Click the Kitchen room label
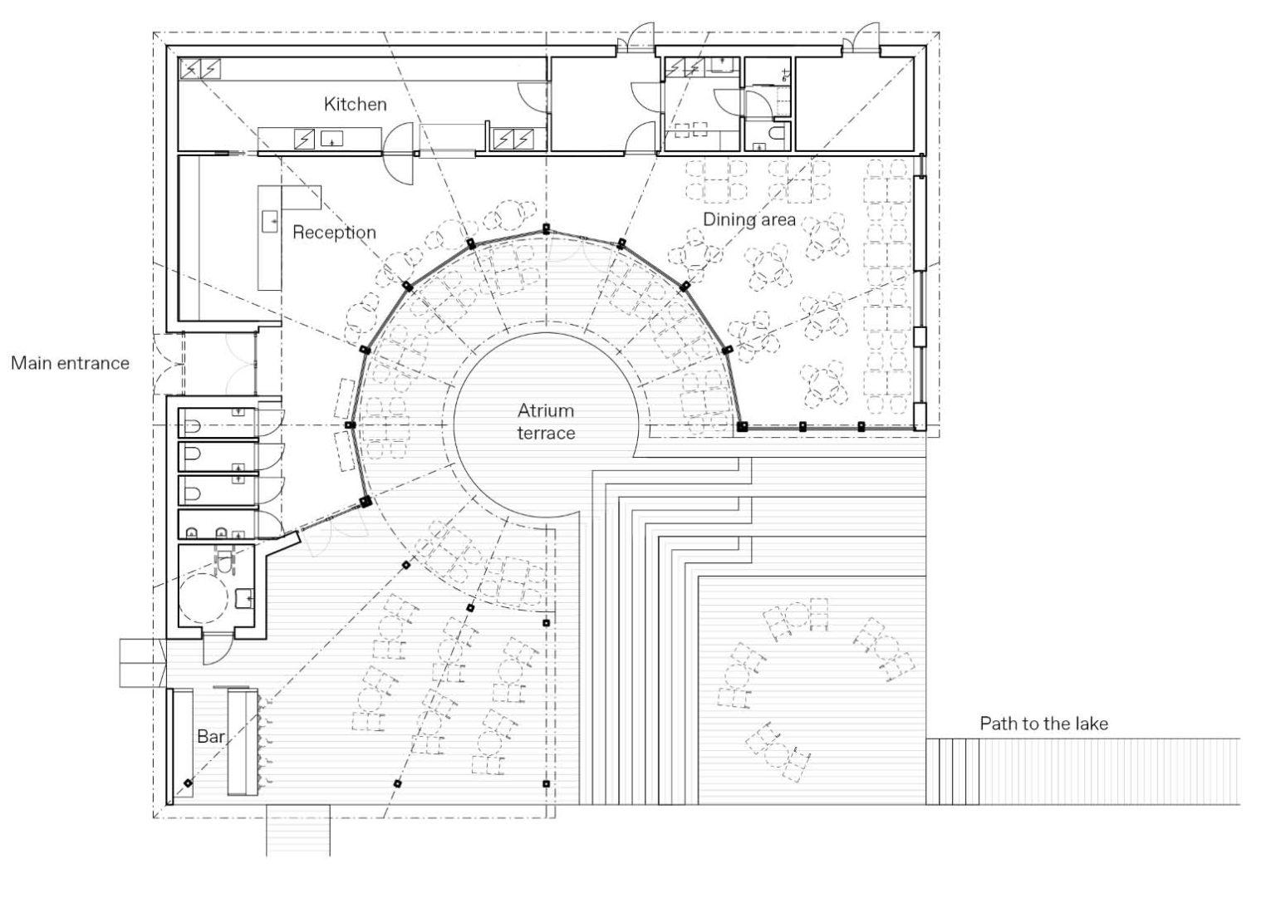(355, 105)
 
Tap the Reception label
(334, 233)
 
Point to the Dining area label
(749, 219)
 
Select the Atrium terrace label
(546, 422)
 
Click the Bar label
(210, 736)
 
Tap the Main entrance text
(70, 363)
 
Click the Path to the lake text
(1043, 724)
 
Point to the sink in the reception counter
(270, 221)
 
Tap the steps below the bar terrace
(298, 830)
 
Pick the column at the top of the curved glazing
(547, 229)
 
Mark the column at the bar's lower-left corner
(188, 783)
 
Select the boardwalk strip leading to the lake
(1082, 772)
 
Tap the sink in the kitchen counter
(331, 138)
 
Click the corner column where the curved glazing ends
(742, 426)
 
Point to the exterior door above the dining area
(861, 39)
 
